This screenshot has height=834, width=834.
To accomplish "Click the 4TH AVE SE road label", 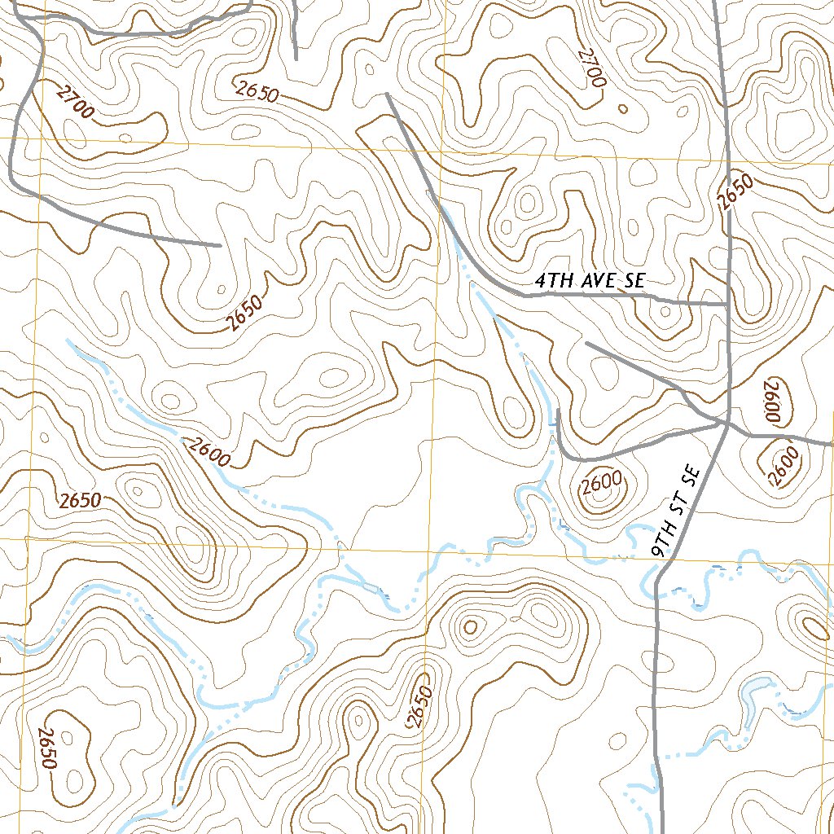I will point(590,281).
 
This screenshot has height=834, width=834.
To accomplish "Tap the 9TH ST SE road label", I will point(677,511).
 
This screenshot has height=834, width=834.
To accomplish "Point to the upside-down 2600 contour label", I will point(772,401).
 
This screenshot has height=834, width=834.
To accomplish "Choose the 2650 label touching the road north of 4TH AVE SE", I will point(736,191).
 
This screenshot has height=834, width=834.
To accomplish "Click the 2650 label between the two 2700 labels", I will point(257,91).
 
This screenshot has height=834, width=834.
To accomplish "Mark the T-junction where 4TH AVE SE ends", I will point(727,304).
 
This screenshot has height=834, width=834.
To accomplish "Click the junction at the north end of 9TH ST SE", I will point(726,423).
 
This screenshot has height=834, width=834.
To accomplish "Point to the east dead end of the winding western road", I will point(220,244).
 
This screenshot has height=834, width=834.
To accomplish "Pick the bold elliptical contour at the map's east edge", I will point(815,628).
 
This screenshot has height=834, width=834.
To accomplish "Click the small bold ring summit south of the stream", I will point(470,627).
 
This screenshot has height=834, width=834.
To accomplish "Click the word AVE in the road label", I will point(600,281).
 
